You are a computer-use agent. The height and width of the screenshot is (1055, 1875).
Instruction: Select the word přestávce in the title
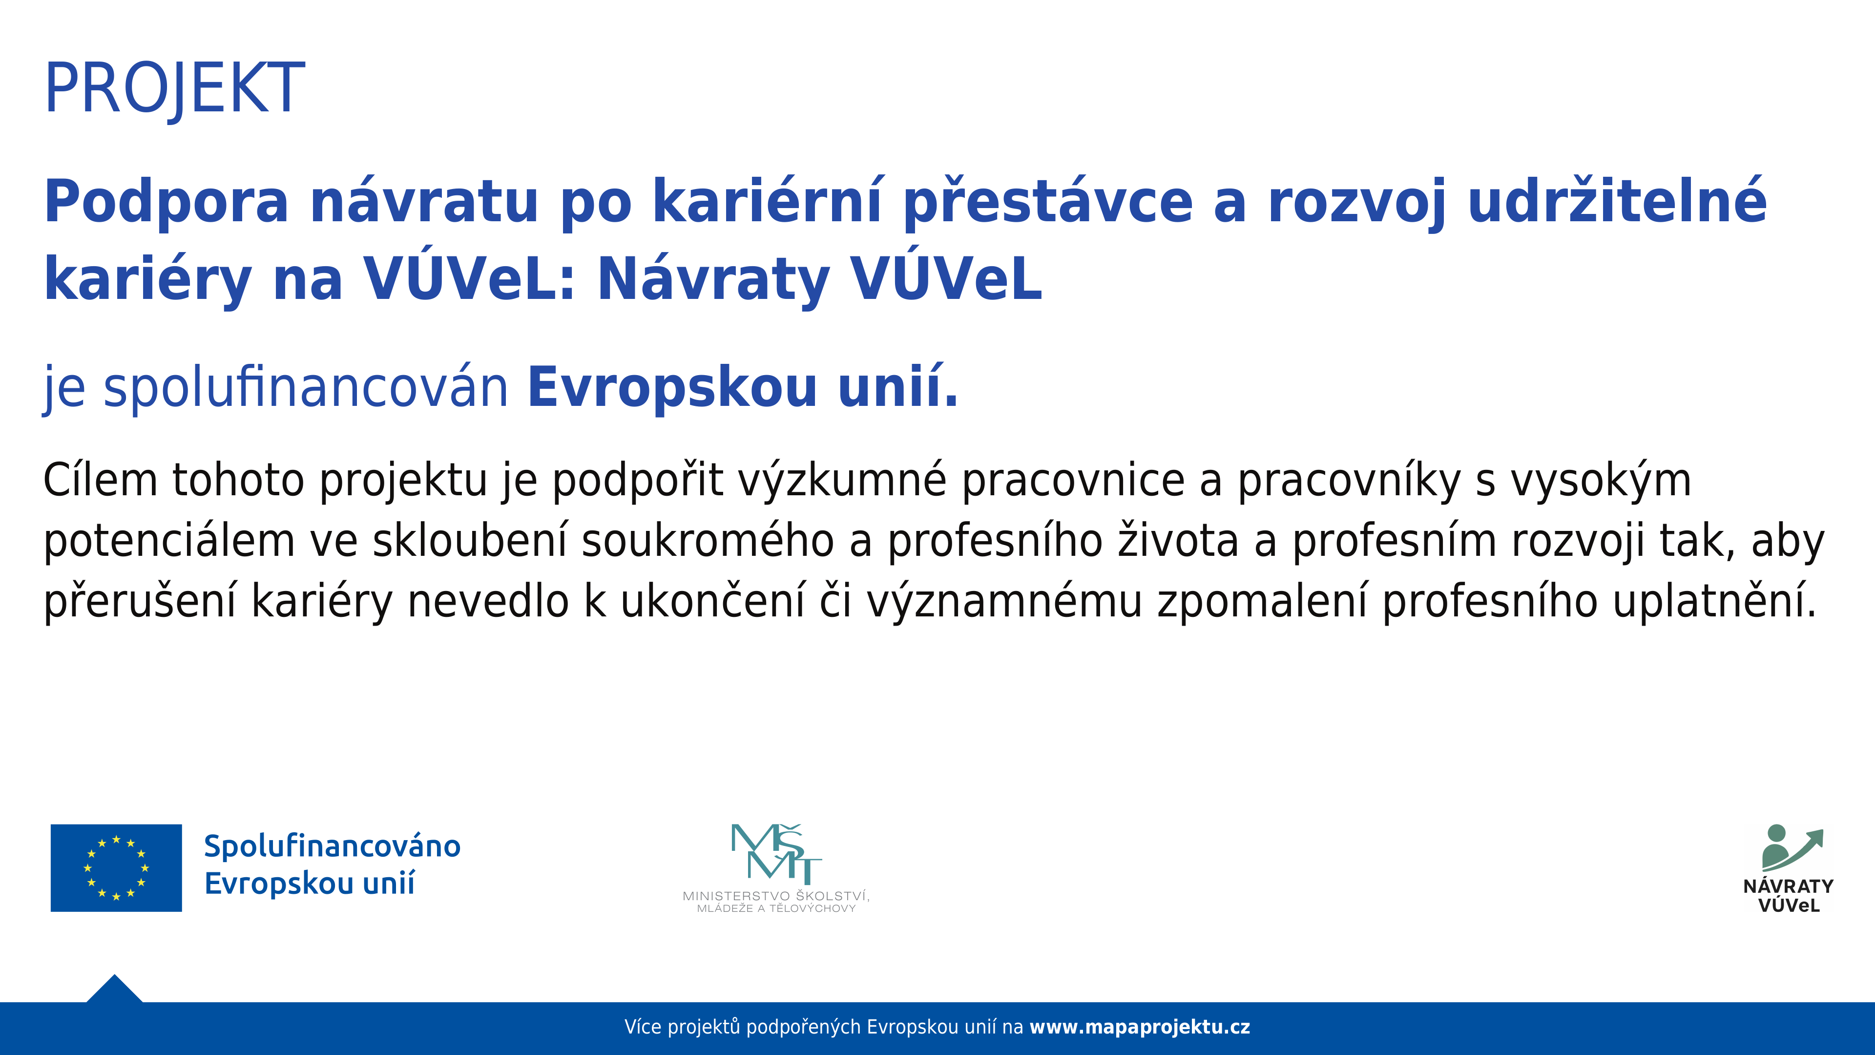pos(1048,202)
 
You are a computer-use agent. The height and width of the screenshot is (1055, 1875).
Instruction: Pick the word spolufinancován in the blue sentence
pos(306,388)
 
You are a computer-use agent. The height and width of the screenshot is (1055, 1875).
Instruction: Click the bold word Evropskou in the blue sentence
pos(672,388)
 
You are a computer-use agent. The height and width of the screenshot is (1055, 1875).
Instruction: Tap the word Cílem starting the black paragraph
pos(101,481)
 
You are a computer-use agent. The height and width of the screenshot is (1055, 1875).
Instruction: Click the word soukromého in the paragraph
pos(708,542)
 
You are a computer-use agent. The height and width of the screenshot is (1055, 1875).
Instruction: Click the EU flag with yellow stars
pos(117,868)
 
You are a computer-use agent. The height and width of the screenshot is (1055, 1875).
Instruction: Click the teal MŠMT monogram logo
pos(776,853)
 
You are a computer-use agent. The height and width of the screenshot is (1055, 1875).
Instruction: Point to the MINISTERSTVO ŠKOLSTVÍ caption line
pos(776,896)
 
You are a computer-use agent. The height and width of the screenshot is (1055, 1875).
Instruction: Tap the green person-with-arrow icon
pos(1792,849)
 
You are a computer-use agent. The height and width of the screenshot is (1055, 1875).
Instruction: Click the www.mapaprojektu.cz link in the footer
pos(1140,1027)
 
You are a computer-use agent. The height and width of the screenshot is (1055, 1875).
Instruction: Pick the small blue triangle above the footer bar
pos(114,990)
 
